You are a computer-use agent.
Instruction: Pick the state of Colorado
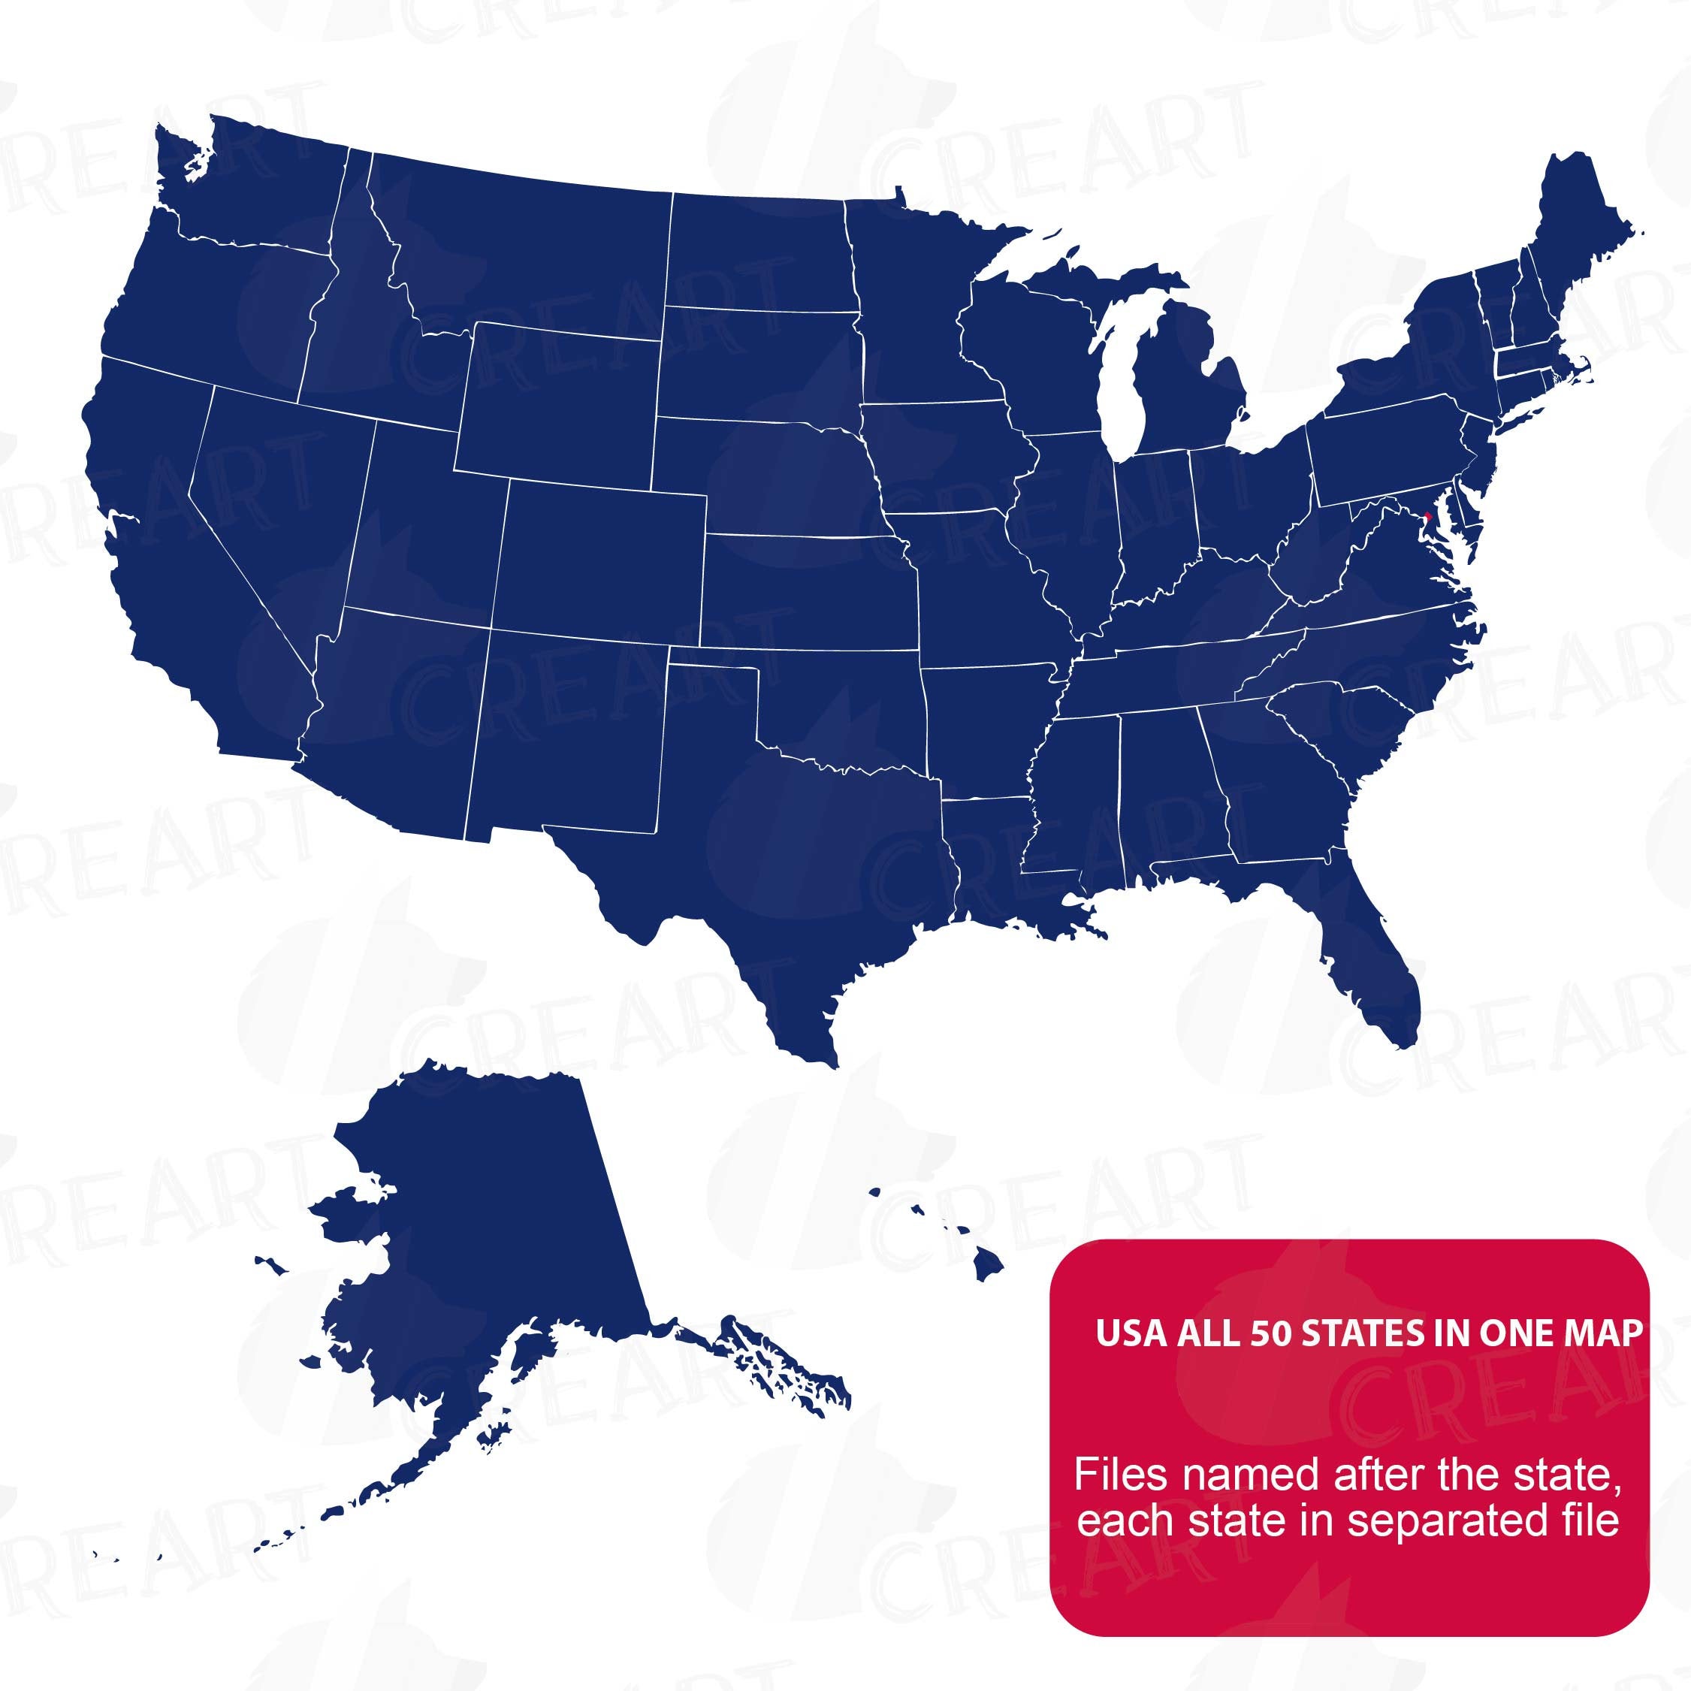pos(604,560)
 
